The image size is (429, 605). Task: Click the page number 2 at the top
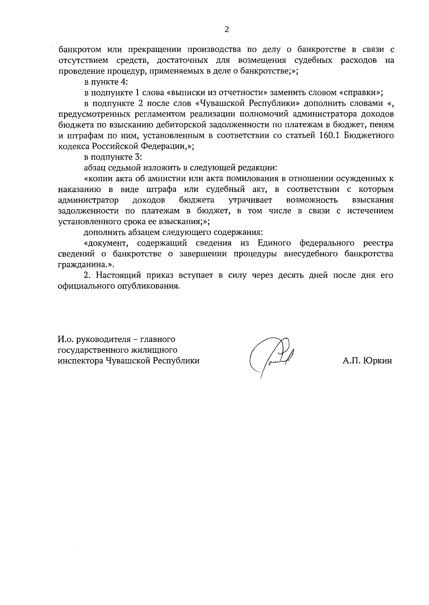(x=226, y=30)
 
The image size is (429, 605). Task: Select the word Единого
(x=274, y=243)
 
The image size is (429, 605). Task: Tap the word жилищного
(x=157, y=350)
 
